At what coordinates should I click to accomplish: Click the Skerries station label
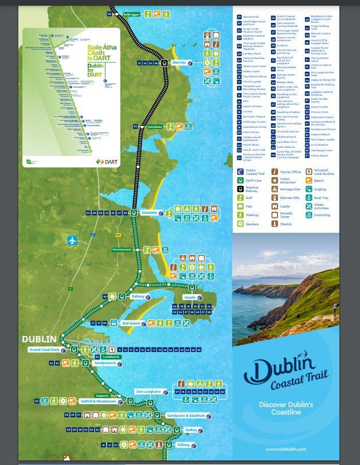(179, 62)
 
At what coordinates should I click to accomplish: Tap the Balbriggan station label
(131, 14)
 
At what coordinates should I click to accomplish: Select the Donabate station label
(155, 127)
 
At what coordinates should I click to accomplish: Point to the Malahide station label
(149, 213)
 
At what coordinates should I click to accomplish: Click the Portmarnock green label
(122, 249)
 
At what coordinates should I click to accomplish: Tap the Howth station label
(190, 298)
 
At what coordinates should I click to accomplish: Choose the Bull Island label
(131, 323)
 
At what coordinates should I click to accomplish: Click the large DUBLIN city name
(40, 339)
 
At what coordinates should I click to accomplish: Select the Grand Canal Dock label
(44, 350)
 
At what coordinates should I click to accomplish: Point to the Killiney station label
(183, 445)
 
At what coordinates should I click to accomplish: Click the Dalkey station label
(191, 430)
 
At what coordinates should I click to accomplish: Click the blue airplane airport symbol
(72, 240)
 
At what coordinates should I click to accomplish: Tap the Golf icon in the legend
(241, 197)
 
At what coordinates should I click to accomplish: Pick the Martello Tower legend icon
(275, 215)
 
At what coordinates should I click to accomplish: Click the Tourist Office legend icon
(275, 171)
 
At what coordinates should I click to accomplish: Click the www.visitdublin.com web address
(285, 449)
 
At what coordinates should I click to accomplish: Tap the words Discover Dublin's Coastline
(285, 408)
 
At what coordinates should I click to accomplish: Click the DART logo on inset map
(107, 162)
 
